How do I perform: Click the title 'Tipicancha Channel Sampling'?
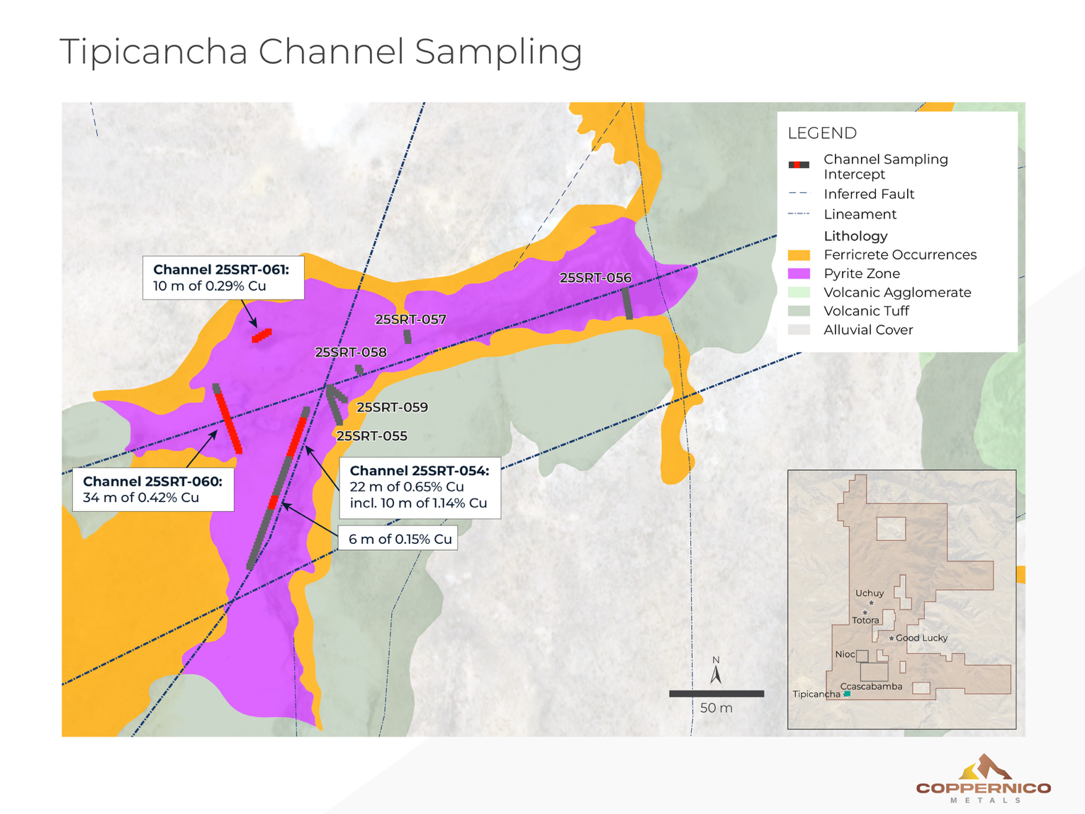320,52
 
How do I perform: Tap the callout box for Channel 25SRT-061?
223,278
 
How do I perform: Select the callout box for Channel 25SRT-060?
153,489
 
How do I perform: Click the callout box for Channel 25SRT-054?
420,487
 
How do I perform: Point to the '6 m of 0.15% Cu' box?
398,539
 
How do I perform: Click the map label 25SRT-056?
595,278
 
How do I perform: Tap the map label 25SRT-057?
410,319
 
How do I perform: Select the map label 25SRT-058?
351,352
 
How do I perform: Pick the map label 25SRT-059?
392,408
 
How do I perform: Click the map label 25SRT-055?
371,436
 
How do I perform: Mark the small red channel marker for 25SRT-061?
262,335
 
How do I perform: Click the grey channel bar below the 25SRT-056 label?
628,303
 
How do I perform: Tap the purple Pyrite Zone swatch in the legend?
799,274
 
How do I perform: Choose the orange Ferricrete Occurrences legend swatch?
799,255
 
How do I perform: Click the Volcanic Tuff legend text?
866,311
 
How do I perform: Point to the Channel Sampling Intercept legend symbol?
799,165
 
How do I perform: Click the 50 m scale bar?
716,693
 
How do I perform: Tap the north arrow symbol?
716,671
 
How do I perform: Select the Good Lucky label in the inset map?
921,638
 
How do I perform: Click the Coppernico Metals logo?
983,779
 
